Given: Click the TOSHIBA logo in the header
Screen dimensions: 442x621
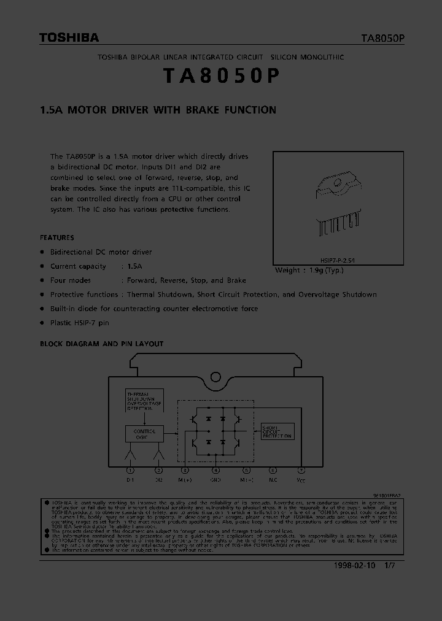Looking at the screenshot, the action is [x=69, y=38].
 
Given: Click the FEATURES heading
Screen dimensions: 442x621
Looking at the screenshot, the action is [x=57, y=237].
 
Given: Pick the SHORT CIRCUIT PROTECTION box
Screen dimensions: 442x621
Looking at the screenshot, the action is [x=277, y=431].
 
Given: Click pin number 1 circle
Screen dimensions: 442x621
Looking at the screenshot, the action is [x=130, y=470].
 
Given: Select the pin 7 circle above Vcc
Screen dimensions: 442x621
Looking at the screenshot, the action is [x=300, y=470].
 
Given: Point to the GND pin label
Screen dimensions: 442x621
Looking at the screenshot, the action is [x=215, y=480].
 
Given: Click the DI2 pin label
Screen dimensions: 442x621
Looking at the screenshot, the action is [x=159, y=480].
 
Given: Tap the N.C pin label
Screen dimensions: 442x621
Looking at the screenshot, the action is [x=273, y=480].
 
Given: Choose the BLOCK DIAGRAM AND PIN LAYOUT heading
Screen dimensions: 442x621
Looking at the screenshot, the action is [x=102, y=344].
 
